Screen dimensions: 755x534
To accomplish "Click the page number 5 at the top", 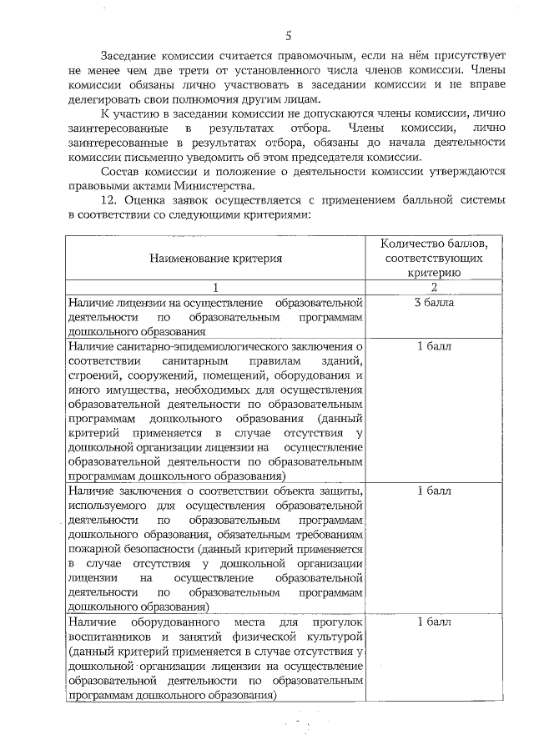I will click(287, 35).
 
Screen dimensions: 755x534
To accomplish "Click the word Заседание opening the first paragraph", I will click(128, 54).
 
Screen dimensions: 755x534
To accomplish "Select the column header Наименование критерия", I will click(215, 259).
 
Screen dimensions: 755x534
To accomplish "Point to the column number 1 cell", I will click(215, 288).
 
